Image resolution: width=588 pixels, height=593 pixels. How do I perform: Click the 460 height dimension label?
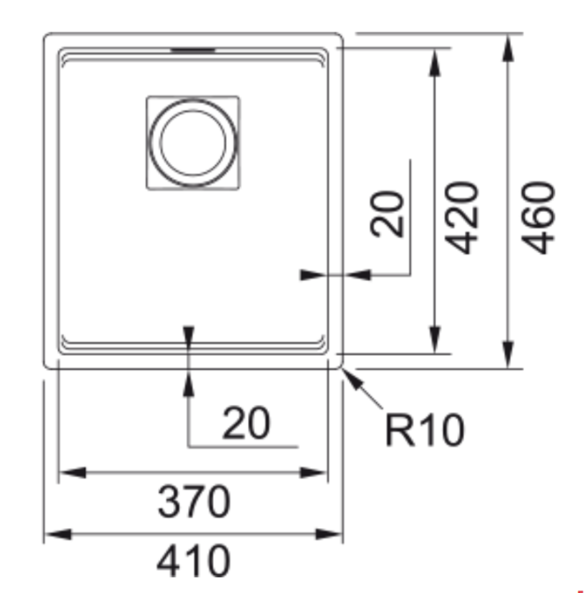(x=538, y=218)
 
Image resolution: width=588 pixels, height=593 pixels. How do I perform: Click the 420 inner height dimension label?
(x=461, y=218)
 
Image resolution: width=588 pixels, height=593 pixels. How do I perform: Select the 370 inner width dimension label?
(x=193, y=502)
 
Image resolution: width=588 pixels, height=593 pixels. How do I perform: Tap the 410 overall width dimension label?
(x=193, y=560)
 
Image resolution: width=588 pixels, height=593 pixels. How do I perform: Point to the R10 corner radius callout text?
(x=425, y=430)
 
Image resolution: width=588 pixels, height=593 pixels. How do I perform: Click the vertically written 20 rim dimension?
(x=387, y=215)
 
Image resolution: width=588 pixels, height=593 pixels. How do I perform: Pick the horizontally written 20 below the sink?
(x=246, y=423)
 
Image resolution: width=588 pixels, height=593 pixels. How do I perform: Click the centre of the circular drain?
(x=193, y=143)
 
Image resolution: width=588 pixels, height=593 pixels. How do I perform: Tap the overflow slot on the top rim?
(x=193, y=49)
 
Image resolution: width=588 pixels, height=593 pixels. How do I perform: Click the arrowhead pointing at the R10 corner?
(x=352, y=380)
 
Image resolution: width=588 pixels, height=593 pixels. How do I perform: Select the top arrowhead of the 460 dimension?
(x=508, y=47)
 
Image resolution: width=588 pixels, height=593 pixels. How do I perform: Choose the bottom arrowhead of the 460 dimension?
(x=508, y=354)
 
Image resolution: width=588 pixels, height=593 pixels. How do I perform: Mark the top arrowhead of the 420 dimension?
(x=435, y=62)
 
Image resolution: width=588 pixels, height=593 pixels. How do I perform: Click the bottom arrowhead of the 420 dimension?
(x=435, y=340)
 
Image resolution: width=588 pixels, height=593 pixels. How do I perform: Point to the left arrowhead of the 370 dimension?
(x=73, y=473)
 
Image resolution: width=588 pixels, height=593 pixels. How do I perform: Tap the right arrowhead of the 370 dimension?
(x=313, y=473)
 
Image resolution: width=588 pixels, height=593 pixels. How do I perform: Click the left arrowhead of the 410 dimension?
(x=58, y=534)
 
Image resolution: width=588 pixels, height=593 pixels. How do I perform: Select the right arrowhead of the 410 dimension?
(x=329, y=534)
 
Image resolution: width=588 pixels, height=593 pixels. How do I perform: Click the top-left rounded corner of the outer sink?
(x=47, y=36)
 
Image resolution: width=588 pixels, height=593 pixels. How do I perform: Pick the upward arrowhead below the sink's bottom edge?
(x=188, y=383)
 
